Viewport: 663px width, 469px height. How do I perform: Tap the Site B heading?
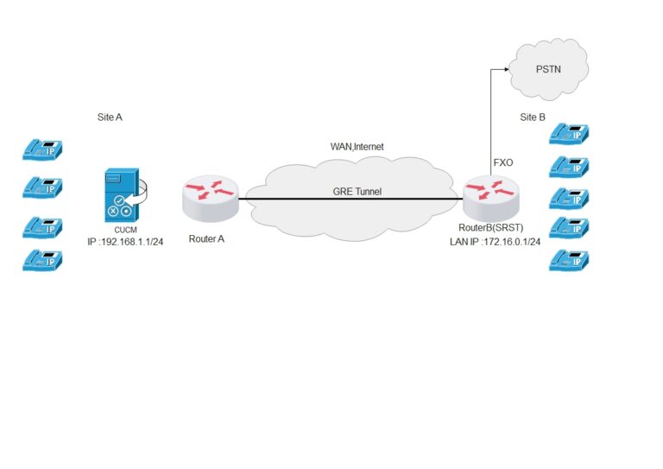click(533, 117)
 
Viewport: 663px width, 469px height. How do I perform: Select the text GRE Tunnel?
click(357, 192)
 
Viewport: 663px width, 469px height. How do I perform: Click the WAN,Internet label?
click(357, 147)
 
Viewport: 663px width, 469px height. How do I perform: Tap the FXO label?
click(503, 162)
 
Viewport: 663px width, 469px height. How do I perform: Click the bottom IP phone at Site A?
click(43, 260)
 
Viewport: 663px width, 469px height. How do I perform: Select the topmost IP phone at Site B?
click(569, 134)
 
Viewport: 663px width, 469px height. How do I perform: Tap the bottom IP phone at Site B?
click(569, 259)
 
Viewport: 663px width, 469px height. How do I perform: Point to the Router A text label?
click(206, 238)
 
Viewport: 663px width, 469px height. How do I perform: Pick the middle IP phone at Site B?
click(569, 197)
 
